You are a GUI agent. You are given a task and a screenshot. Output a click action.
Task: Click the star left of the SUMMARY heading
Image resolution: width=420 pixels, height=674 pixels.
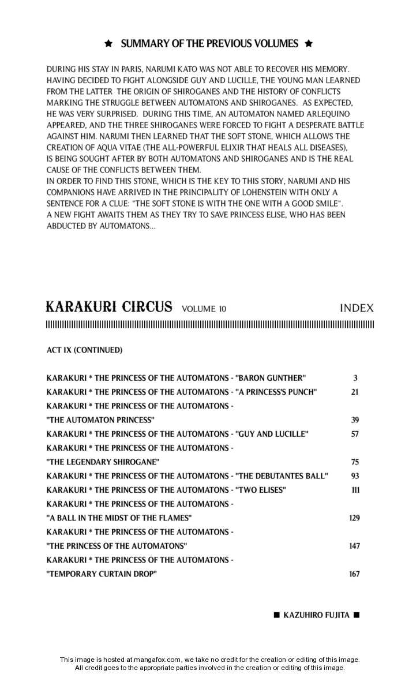[108, 44]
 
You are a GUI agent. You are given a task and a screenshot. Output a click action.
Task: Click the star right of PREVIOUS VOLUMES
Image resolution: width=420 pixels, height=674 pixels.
[308, 44]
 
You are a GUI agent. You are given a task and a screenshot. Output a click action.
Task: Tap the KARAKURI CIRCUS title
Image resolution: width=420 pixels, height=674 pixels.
[108, 306]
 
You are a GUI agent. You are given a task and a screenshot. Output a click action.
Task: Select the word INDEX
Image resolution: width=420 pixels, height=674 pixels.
[357, 308]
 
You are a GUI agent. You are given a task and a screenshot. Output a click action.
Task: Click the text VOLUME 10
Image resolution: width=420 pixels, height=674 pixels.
[204, 309]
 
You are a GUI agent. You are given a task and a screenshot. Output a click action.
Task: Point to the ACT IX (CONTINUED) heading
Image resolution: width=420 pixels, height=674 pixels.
[84, 350]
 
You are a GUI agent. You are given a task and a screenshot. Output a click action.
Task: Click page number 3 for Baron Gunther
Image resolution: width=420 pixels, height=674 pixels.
[355, 378]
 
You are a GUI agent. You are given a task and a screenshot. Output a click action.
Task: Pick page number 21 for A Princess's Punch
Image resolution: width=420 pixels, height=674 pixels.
[355, 392]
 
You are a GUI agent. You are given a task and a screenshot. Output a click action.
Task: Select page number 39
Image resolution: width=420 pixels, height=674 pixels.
[355, 420]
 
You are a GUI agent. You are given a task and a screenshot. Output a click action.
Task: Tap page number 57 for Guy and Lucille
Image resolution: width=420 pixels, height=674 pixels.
[355, 434]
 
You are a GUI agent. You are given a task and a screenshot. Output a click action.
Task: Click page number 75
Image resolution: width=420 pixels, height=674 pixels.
[355, 462]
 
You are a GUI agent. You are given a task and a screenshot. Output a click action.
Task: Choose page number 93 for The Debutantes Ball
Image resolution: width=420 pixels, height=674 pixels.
[355, 476]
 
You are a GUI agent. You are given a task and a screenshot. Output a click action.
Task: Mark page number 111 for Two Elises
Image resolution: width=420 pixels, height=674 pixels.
[355, 490]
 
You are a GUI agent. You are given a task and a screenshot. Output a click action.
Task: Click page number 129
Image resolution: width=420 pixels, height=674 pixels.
[354, 518]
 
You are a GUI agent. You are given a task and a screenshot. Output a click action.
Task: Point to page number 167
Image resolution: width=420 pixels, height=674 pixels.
[354, 574]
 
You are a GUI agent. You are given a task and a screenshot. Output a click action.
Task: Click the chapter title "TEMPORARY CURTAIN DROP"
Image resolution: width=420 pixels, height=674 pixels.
[102, 574]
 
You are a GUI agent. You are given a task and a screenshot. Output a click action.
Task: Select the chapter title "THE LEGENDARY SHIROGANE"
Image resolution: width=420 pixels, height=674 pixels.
[103, 462]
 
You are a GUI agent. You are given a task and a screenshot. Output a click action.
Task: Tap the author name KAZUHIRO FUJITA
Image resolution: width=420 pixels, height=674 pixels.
[316, 615]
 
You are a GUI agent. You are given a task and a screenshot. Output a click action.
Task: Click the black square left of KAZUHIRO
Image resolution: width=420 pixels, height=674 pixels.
[276, 615]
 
